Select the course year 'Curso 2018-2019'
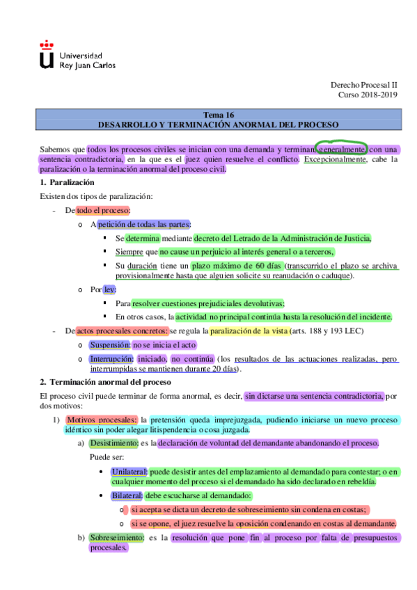368,95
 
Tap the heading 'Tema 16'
219,115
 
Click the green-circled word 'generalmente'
340,149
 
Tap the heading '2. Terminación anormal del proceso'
105,382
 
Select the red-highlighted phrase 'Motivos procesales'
102,420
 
